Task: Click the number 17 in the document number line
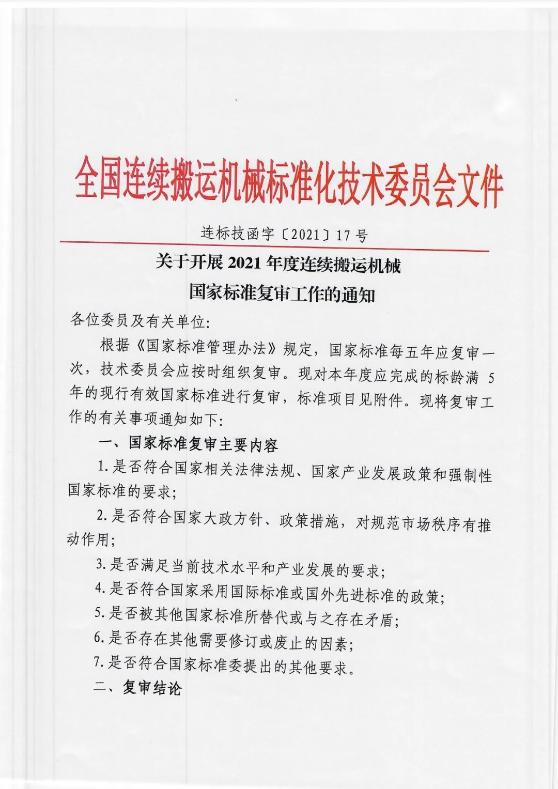(343, 236)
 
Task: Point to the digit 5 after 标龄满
(491, 378)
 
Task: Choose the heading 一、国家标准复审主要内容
(189, 444)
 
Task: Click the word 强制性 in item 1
(470, 474)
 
